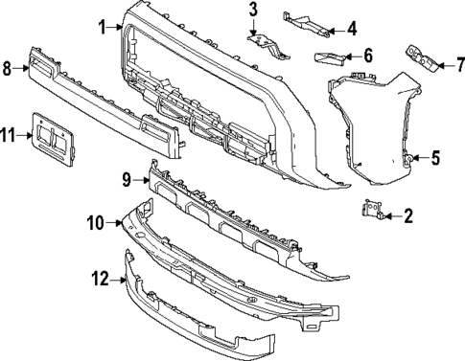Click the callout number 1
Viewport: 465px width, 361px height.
[102, 27]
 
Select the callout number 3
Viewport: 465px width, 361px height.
[253, 11]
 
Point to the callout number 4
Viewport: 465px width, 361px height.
[351, 26]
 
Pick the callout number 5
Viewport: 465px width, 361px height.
[434, 158]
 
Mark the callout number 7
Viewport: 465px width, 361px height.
[458, 66]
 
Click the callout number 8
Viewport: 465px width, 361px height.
[7, 68]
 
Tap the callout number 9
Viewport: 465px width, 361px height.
[126, 177]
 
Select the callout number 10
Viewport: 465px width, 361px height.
[96, 223]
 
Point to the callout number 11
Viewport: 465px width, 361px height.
[9, 137]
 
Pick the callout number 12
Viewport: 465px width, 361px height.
[100, 280]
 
